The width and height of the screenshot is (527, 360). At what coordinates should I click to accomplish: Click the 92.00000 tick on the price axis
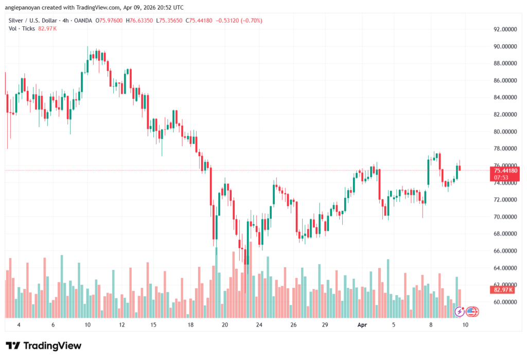[x=505, y=29]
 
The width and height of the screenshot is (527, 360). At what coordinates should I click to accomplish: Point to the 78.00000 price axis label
[x=505, y=148]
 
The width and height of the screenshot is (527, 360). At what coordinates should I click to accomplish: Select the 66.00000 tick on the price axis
[x=505, y=251]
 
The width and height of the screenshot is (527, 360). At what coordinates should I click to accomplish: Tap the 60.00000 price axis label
[x=505, y=302]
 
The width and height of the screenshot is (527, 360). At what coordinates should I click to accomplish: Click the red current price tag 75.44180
[x=505, y=170]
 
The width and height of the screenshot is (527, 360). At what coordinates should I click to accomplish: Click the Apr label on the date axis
[x=361, y=325]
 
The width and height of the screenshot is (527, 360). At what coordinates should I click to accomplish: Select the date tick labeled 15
[x=154, y=325]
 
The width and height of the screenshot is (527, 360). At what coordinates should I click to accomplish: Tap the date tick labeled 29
[x=325, y=325]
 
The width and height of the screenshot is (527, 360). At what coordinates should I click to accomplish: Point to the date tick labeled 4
[x=19, y=325]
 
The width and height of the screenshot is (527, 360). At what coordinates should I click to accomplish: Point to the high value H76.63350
[x=141, y=21]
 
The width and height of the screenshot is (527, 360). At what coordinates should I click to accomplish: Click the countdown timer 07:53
[x=501, y=177]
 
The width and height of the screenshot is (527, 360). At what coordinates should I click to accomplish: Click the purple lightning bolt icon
[x=460, y=311]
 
